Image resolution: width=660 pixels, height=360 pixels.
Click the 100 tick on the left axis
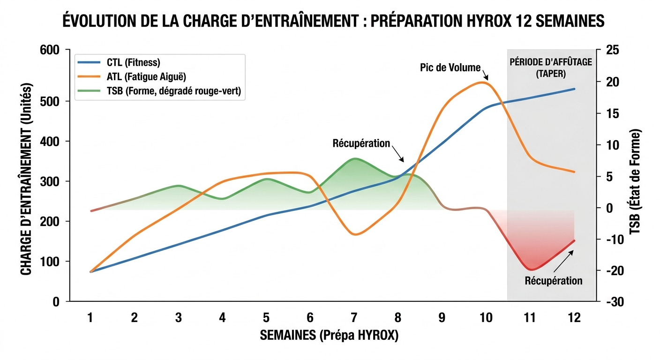(52, 262)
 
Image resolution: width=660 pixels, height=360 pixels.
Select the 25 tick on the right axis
(613, 50)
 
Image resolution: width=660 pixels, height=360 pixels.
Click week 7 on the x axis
(354, 318)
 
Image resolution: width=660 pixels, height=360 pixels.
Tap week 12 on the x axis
(574, 318)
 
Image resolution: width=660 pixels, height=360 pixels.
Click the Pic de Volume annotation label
(450, 67)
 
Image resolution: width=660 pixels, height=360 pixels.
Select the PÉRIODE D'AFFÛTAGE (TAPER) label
(551, 68)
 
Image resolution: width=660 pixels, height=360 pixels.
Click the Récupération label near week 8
(361, 143)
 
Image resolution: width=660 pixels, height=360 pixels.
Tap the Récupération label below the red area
(554, 281)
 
